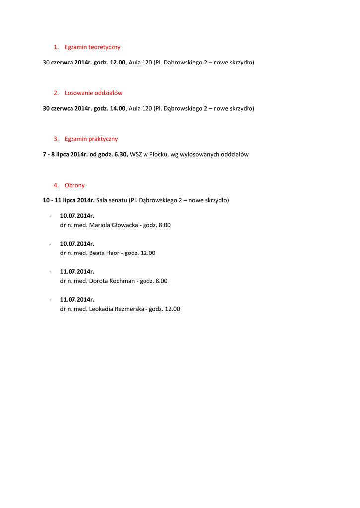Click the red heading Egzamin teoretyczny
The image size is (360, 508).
[92, 47]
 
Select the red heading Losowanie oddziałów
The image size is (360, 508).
[93, 93]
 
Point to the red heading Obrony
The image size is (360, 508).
[74, 185]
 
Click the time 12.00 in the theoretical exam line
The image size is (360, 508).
[118, 62]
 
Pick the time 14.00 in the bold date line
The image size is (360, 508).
[118, 108]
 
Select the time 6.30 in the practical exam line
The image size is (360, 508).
[121, 154]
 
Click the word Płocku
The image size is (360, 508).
[158, 154]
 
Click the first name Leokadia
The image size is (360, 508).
[101, 309]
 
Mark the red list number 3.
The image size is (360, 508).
[56, 139]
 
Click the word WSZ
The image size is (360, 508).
[136, 154]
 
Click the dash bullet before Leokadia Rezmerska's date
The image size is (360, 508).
[50, 300]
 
